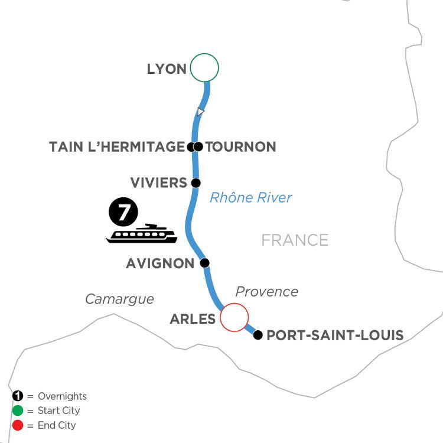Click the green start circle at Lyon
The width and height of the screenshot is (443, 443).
(x=204, y=67)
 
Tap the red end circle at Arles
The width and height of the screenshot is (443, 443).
(x=234, y=317)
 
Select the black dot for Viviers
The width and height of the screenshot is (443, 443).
(x=196, y=183)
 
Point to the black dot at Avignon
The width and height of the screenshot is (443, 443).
(x=205, y=263)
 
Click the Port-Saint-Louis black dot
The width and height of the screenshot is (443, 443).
(x=258, y=335)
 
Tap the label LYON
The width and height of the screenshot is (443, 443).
(x=167, y=69)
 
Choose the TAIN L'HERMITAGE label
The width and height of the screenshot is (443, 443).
(x=117, y=147)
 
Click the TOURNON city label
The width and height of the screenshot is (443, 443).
(x=241, y=147)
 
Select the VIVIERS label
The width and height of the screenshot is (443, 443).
(x=158, y=183)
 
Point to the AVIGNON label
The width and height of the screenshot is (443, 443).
(x=160, y=263)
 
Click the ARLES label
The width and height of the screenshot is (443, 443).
(x=193, y=319)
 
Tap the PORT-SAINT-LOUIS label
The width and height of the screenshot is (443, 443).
(x=335, y=335)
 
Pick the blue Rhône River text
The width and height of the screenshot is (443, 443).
(x=251, y=197)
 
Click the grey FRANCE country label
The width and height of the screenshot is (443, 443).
(x=295, y=240)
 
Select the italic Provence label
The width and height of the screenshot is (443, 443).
(x=267, y=292)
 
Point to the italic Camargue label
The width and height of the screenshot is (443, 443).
(x=119, y=299)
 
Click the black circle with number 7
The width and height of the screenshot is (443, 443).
(x=123, y=211)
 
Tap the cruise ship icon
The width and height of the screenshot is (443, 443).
(x=142, y=234)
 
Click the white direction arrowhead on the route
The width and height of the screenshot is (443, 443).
(x=200, y=112)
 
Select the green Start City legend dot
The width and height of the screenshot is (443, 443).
(x=18, y=411)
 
